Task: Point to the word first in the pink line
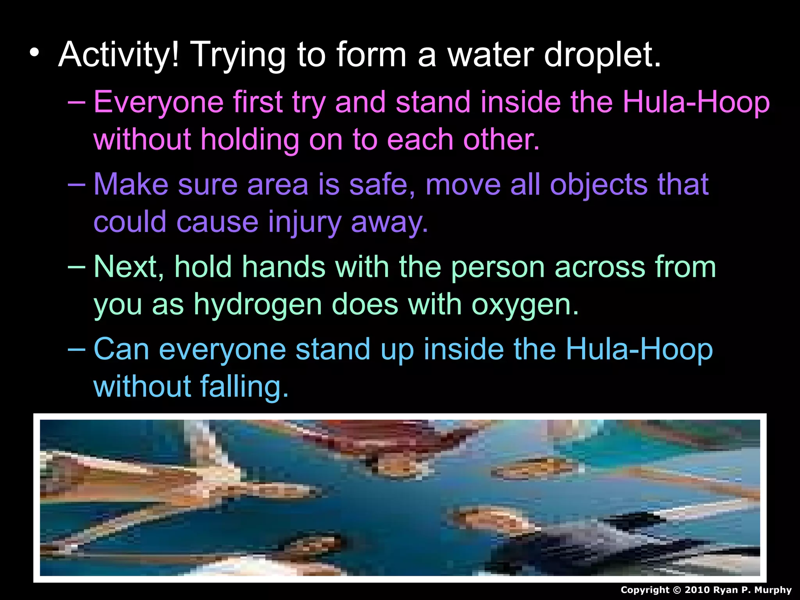point(257,102)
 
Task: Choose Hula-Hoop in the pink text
point(696,102)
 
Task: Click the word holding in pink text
point(250,139)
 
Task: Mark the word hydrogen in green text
point(258,305)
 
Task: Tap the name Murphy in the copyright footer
point(773,590)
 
